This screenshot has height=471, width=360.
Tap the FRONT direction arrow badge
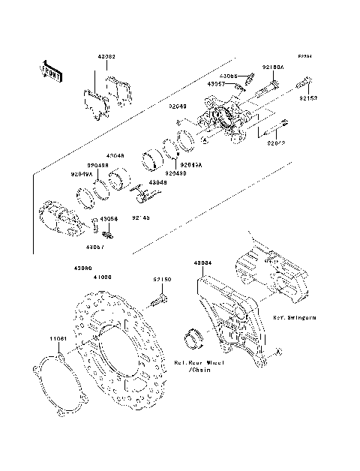[x=51, y=70]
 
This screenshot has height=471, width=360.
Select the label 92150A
[x=272, y=67]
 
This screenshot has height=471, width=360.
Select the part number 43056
[x=109, y=220]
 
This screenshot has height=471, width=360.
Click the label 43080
[x=82, y=268]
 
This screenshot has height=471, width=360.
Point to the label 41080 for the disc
[x=103, y=276]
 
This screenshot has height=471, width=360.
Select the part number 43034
[x=202, y=264]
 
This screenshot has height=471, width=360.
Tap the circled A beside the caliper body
[x=203, y=139]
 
